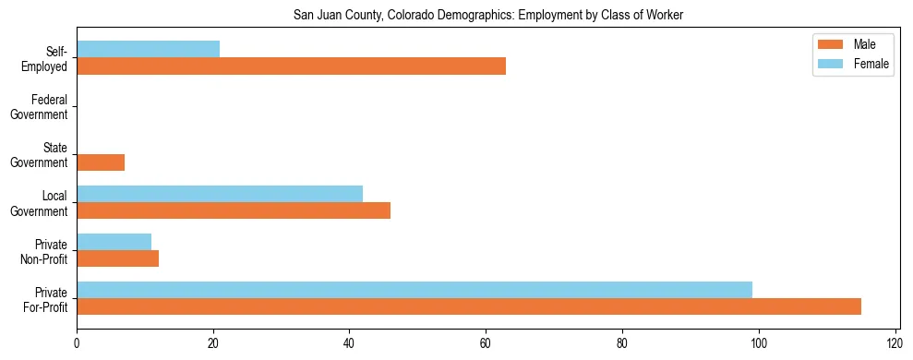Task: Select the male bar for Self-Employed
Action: (x=291, y=66)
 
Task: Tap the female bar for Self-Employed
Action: (x=148, y=50)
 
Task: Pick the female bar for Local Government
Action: (x=220, y=194)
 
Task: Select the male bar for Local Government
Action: (x=234, y=210)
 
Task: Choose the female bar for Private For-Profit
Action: (x=414, y=290)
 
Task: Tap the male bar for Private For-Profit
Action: (x=469, y=306)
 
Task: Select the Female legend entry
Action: (x=850, y=64)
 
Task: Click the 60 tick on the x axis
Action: (x=486, y=344)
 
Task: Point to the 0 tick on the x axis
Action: (x=77, y=344)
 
